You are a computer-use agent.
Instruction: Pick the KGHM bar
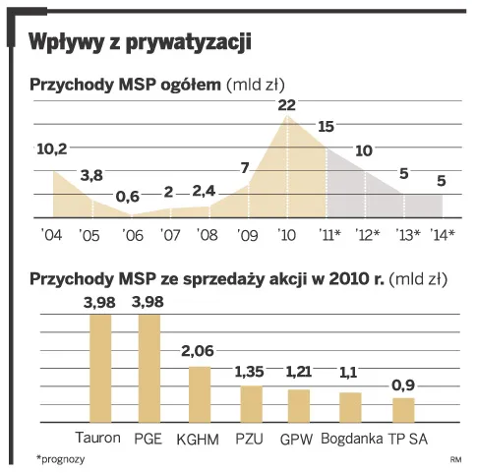coord(200,392)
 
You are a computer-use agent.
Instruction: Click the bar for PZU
coord(252,402)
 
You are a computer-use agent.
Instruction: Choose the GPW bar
coord(298,404)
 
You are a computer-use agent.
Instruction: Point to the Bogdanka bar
coord(349,406)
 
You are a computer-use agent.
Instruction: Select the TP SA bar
coord(403,408)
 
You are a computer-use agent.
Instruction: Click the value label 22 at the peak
coord(287,104)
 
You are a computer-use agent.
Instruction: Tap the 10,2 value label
coord(52,149)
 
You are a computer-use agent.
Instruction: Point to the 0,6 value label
coord(128,196)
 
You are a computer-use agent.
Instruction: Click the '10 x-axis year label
coord(287,235)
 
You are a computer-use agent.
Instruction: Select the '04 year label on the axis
coord(52,235)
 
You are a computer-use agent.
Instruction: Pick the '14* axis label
coord(442,235)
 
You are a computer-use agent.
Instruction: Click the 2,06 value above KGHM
coord(200,351)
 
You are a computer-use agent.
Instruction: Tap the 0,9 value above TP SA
coord(403,384)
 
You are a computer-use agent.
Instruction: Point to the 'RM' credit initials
coord(455,459)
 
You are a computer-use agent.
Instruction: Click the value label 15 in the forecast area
coord(328,126)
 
